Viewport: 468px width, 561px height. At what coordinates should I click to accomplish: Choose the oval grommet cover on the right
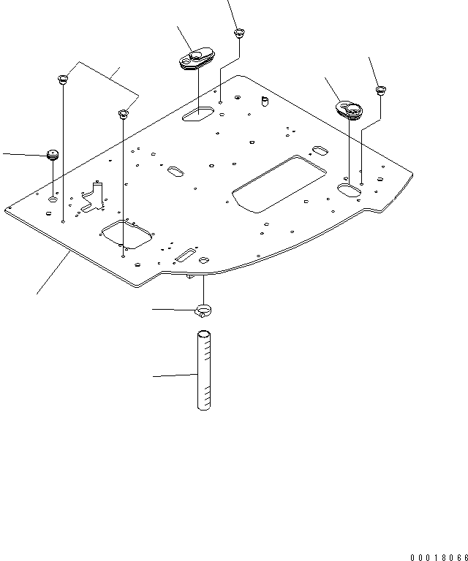pos(348,110)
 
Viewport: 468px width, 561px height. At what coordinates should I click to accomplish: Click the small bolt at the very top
pos(238,33)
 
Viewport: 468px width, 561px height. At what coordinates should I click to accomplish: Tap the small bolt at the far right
pos(380,91)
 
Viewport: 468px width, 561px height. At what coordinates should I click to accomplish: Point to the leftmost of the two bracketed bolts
pos(62,78)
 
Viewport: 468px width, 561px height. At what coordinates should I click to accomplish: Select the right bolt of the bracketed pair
pos(124,114)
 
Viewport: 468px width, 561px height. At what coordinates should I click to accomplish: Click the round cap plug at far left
pos(52,154)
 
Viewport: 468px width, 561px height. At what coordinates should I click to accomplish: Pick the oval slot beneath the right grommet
pos(350,189)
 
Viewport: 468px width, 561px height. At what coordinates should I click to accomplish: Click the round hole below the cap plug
pos(53,199)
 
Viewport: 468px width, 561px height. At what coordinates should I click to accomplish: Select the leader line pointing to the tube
pos(175,375)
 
